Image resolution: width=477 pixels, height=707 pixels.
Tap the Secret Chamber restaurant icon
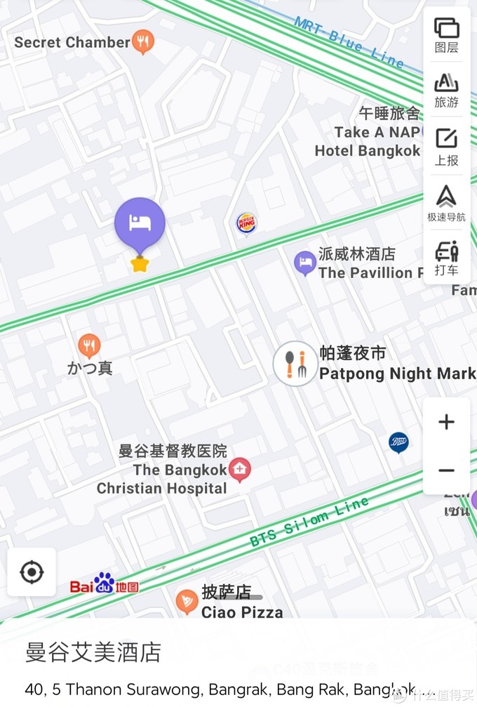pyautogui.click(x=143, y=42)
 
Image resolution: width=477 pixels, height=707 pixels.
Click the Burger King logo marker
pyautogui.click(x=246, y=224)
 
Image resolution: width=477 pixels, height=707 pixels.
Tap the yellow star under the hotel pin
pyautogui.click(x=140, y=265)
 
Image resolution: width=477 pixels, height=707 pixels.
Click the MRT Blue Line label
pyautogui.click(x=349, y=43)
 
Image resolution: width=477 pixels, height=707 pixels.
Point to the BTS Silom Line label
pyautogui.click(x=309, y=522)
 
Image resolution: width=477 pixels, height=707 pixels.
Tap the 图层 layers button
pyautogui.click(x=446, y=36)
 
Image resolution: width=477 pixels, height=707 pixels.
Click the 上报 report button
pyautogui.click(x=446, y=147)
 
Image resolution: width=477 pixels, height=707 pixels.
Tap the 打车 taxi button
pyautogui.click(x=446, y=259)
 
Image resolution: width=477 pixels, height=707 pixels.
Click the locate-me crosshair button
pyautogui.click(x=32, y=572)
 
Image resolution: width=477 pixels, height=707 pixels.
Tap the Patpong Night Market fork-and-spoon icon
pyautogui.click(x=295, y=364)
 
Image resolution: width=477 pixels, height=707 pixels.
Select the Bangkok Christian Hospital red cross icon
pyautogui.click(x=240, y=469)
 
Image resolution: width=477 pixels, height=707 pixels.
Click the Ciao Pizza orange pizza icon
pyautogui.click(x=187, y=601)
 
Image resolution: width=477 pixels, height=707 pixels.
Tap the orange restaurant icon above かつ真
pyautogui.click(x=89, y=345)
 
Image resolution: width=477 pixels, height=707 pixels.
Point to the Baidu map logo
pyautogui.click(x=104, y=584)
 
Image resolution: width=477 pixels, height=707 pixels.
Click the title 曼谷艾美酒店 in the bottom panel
pyautogui.click(x=93, y=652)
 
